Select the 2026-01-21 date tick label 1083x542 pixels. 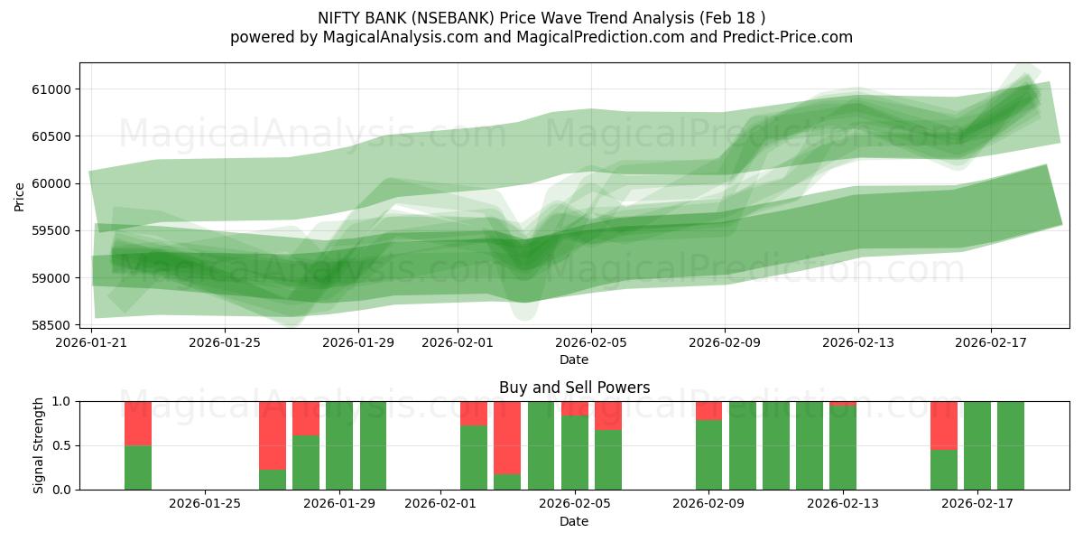click(x=91, y=342)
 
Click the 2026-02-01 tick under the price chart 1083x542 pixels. click(x=457, y=342)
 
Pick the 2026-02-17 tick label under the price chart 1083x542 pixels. click(x=991, y=342)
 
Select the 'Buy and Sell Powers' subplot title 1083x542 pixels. click(x=574, y=388)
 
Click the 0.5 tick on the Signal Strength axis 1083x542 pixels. click(x=63, y=445)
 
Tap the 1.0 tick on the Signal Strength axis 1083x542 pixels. click(x=63, y=401)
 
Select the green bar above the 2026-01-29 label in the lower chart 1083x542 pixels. click(x=339, y=445)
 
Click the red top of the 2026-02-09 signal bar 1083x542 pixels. click(x=708, y=410)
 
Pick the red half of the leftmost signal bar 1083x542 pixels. click(x=138, y=423)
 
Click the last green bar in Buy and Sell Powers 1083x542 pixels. click(x=1011, y=445)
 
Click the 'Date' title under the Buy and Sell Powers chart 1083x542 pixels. click(x=574, y=521)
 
